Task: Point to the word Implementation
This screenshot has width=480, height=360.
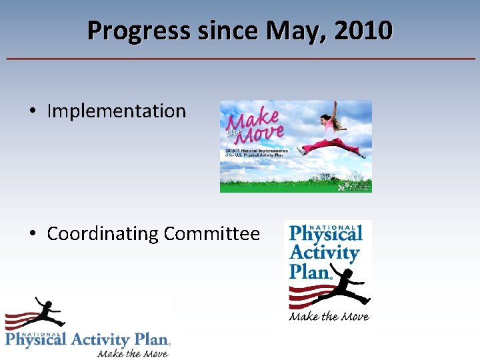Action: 117,111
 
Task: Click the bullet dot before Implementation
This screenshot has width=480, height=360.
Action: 33,111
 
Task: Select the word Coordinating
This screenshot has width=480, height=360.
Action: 103,234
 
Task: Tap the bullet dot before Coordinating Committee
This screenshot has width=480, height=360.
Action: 33,235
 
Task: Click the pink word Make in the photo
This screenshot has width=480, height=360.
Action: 253,119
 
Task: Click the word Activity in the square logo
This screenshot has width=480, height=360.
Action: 324,253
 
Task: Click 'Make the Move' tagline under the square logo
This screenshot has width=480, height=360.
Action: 329,317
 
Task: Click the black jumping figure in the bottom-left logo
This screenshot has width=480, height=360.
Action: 41,313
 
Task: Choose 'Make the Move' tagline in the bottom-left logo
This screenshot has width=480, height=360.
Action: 133,353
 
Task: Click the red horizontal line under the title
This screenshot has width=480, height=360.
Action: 240,59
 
